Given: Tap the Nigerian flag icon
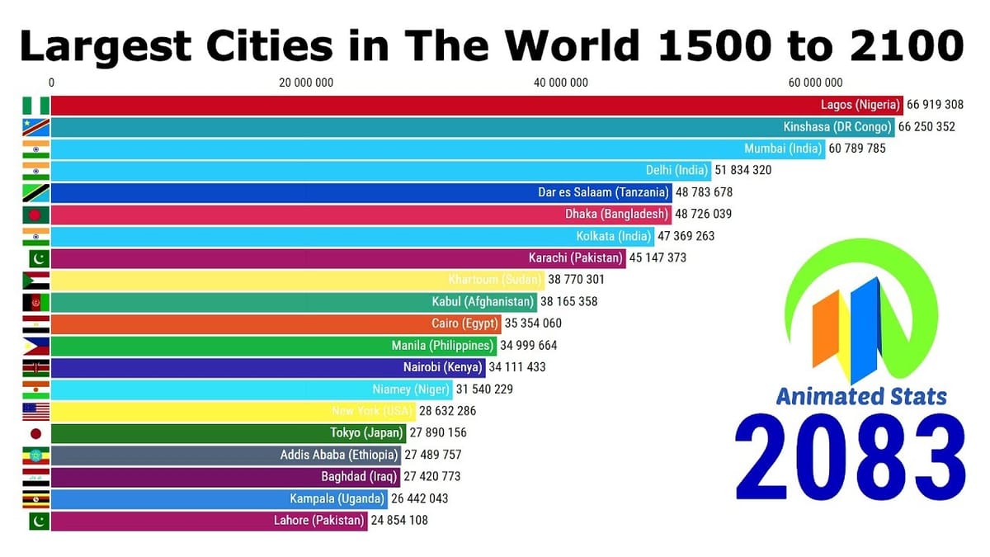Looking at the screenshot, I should pos(36,105).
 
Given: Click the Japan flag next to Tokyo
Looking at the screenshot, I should pos(36,432).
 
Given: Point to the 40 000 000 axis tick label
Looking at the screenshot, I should pos(561,82).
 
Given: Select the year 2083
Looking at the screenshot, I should pos(850,458).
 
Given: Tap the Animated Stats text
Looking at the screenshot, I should pos(861,396).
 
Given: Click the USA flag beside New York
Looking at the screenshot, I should pos(36,411).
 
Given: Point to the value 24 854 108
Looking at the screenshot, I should pos(399,520).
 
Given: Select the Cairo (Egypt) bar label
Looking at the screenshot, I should pos(464,323).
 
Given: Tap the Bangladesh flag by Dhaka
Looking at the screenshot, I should pos(36,214).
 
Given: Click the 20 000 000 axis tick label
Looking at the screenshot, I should pos(306,82).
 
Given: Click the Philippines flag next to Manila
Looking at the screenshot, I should pos(36,345).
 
